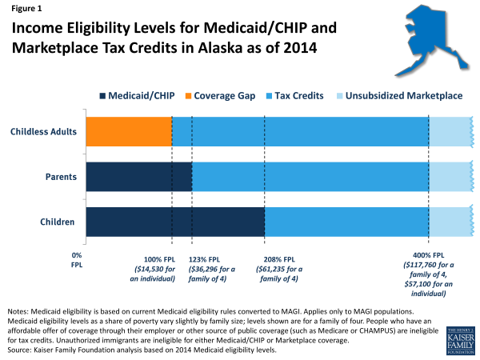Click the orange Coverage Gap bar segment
point(129,131)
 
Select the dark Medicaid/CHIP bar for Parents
point(138,176)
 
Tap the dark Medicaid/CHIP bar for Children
point(175,222)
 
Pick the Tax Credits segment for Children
point(346,222)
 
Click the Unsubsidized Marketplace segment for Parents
point(450,176)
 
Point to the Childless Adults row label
point(44,131)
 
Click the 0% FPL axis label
point(77,260)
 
